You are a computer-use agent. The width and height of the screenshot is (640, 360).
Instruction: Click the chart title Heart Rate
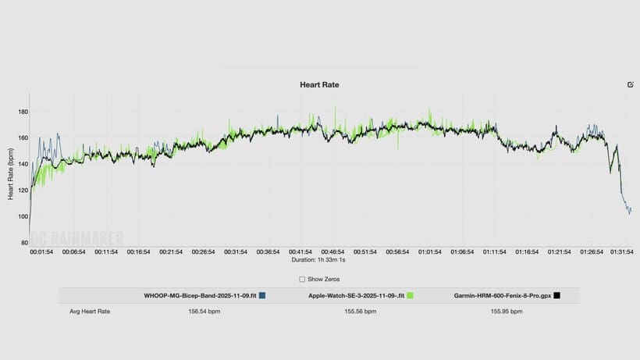(319, 84)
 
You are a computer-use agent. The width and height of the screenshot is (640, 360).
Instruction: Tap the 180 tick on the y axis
(23, 112)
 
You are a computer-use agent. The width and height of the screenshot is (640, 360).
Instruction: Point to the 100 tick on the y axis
(23, 216)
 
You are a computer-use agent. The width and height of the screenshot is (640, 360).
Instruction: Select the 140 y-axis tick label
(23, 164)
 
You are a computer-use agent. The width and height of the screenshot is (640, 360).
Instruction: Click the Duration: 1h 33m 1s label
(320, 260)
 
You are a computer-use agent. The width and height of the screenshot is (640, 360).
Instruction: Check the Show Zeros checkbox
(302, 279)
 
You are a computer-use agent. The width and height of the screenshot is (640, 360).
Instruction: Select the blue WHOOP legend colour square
(262, 296)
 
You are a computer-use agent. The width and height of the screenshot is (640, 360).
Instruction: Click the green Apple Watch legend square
(409, 296)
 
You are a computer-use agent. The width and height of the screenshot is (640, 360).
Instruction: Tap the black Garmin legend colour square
(556, 296)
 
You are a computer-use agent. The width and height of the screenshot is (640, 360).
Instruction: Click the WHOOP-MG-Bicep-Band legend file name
(200, 296)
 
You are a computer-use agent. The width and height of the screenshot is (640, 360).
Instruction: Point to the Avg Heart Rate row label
(90, 312)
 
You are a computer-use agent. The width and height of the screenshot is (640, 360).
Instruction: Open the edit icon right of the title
(630, 84)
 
